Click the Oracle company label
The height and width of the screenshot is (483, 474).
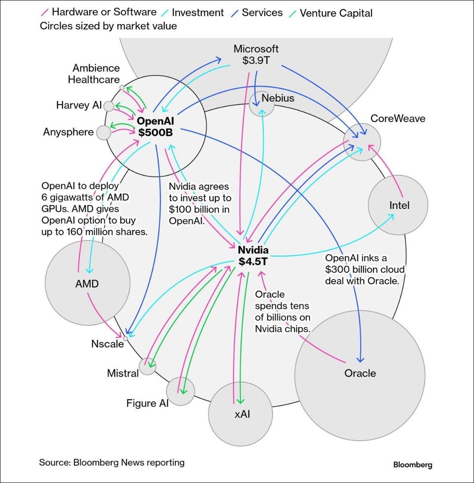[360, 374]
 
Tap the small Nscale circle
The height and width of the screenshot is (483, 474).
[125, 338]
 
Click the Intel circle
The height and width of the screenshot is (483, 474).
[397, 205]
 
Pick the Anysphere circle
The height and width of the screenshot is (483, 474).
[103, 132]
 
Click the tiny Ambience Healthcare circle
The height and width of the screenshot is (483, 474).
[122, 87]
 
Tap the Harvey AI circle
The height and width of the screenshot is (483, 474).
[109, 106]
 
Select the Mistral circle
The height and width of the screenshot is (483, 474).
[147, 366]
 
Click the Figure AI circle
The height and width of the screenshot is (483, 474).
[180, 391]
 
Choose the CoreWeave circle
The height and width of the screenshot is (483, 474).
[363, 142]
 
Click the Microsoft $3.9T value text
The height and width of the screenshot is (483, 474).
[256, 60]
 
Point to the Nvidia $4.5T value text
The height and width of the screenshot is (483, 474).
[253, 261]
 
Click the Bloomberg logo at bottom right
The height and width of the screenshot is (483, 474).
[412, 465]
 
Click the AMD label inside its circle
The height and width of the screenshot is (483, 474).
[87, 284]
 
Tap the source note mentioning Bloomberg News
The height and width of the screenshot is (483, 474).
[112, 462]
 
